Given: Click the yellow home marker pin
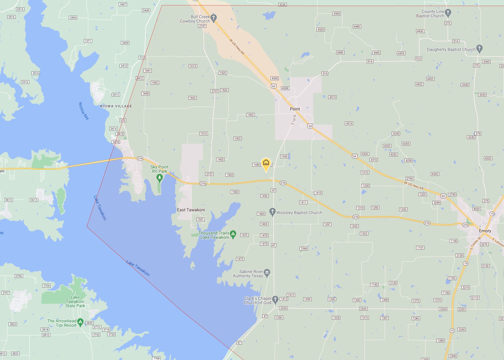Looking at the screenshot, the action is click(266, 163).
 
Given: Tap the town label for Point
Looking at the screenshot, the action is click(295, 109).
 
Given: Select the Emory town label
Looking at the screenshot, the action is click(485, 231).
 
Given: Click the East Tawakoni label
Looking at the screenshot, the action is click(191, 210).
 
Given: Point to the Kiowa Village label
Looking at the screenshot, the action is click(116, 106).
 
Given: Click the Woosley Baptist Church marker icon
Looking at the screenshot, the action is click(272, 212).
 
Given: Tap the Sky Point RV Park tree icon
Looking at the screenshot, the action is click(159, 177).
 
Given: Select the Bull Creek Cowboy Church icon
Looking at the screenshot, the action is click(214, 18).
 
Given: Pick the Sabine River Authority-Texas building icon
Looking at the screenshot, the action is click(267, 272).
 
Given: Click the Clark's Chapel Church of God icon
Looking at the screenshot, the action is click(275, 299).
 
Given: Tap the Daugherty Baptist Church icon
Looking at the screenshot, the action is click(479, 48).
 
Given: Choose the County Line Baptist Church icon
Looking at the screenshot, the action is click(448, 13).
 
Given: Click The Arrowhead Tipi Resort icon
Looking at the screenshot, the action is click(81, 322).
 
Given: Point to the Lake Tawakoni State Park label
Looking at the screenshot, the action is click(75, 301).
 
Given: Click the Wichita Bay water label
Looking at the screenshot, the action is click(84, 111).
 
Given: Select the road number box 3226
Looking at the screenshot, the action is click(282, 5).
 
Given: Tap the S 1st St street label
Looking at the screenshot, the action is click(293, 120).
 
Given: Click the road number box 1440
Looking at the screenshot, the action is click(256, 165).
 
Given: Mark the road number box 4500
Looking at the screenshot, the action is click(337, 14).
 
